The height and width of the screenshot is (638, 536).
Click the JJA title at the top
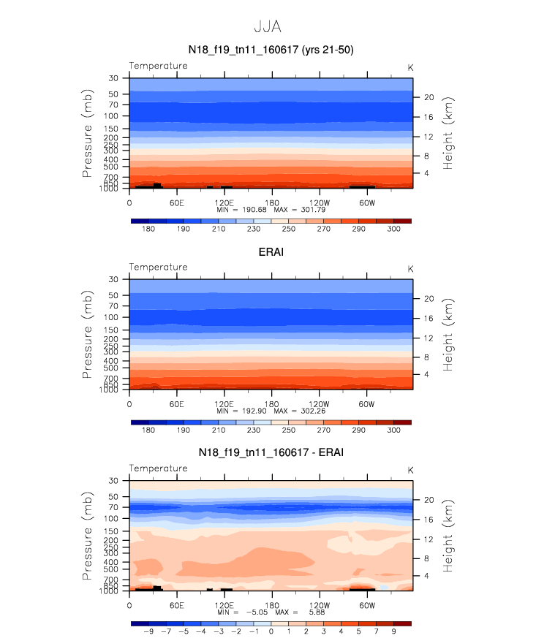(x=268, y=26)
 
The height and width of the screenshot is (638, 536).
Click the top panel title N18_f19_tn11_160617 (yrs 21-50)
(x=271, y=50)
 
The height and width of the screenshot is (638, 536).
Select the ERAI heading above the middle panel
(x=271, y=252)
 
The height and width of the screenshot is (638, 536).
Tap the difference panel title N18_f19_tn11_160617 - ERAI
(x=271, y=452)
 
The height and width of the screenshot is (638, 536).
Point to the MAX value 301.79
(x=313, y=210)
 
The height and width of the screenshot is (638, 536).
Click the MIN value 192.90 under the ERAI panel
(x=254, y=411)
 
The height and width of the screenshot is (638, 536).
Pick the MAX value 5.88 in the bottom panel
(x=317, y=612)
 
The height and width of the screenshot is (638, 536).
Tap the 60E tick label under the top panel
(x=177, y=202)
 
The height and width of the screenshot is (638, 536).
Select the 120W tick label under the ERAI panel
(x=319, y=404)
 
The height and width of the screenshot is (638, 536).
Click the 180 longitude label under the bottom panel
(x=272, y=605)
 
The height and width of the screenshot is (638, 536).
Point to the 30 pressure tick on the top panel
(x=113, y=77)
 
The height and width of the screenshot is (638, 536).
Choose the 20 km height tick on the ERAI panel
(x=429, y=299)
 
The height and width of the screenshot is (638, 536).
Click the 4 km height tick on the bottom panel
(x=426, y=576)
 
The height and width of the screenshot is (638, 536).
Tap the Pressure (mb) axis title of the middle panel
(x=87, y=335)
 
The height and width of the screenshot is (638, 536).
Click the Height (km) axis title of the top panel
(x=448, y=133)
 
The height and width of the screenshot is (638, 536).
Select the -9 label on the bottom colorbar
(x=148, y=631)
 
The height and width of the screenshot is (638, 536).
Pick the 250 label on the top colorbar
(x=289, y=229)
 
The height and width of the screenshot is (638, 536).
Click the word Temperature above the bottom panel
(x=159, y=468)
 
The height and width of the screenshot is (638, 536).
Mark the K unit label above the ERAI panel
(x=410, y=269)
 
